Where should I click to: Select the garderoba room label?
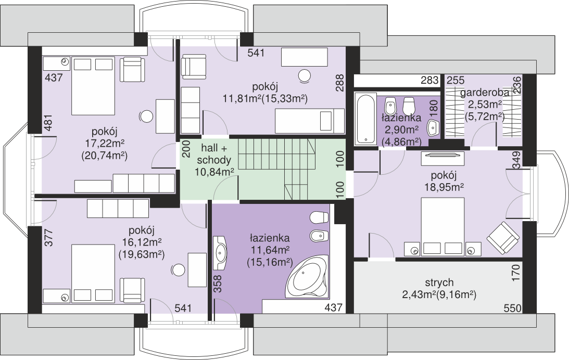pyautogui.click(x=485, y=93)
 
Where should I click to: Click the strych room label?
pyautogui.click(x=439, y=282)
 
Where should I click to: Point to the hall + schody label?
pyautogui.click(x=214, y=154)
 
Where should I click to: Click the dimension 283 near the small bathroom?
pyautogui.click(x=429, y=80)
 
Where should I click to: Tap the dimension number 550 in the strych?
pyautogui.click(x=512, y=308)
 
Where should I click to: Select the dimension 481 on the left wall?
pyautogui.click(x=48, y=123)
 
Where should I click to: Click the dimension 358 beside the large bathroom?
pyautogui.click(x=217, y=284)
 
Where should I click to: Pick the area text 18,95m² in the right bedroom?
pyautogui.click(x=444, y=187)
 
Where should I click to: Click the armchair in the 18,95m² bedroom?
pyautogui.click(x=502, y=237)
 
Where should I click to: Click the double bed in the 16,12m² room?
pyautogui.click(x=93, y=273)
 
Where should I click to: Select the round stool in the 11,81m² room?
pyautogui.click(x=305, y=76)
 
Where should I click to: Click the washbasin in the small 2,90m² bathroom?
pyautogui.click(x=433, y=127)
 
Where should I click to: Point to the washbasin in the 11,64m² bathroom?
pyautogui.click(x=219, y=253)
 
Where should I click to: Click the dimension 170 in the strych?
pyautogui.click(x=516, y=273)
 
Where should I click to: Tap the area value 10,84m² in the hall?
pyautogui.click(x=214, y=172)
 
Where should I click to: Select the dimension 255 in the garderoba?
pyautogui.click(x=456, y=80)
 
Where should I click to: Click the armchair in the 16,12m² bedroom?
pyautogui.click(x=132, y=290)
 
